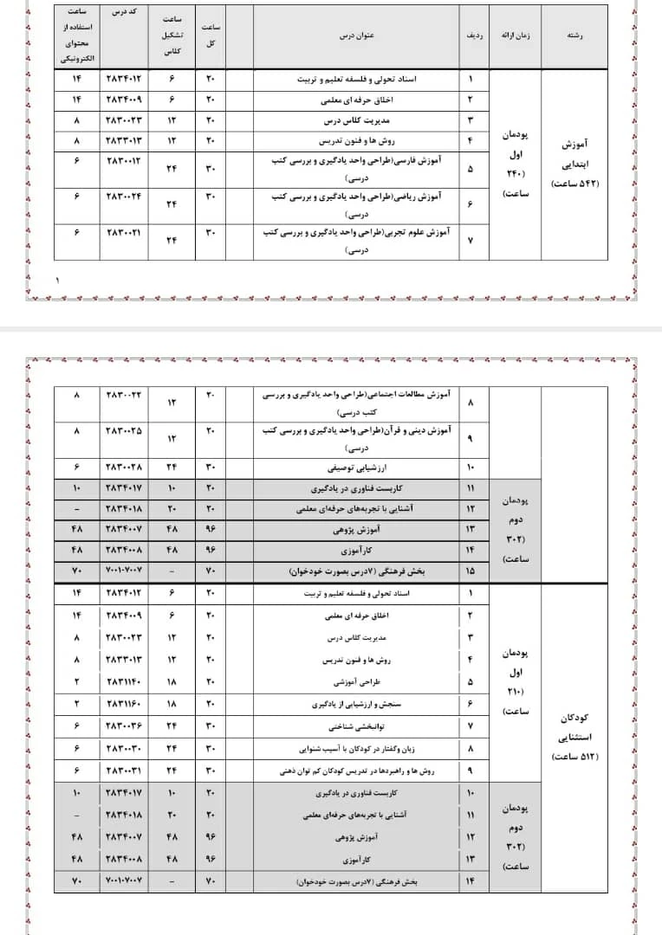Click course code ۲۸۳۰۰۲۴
(127, 197)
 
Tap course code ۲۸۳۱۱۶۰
(127, 704)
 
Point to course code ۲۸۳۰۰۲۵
(127, 430)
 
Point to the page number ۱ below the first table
(58, 280)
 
